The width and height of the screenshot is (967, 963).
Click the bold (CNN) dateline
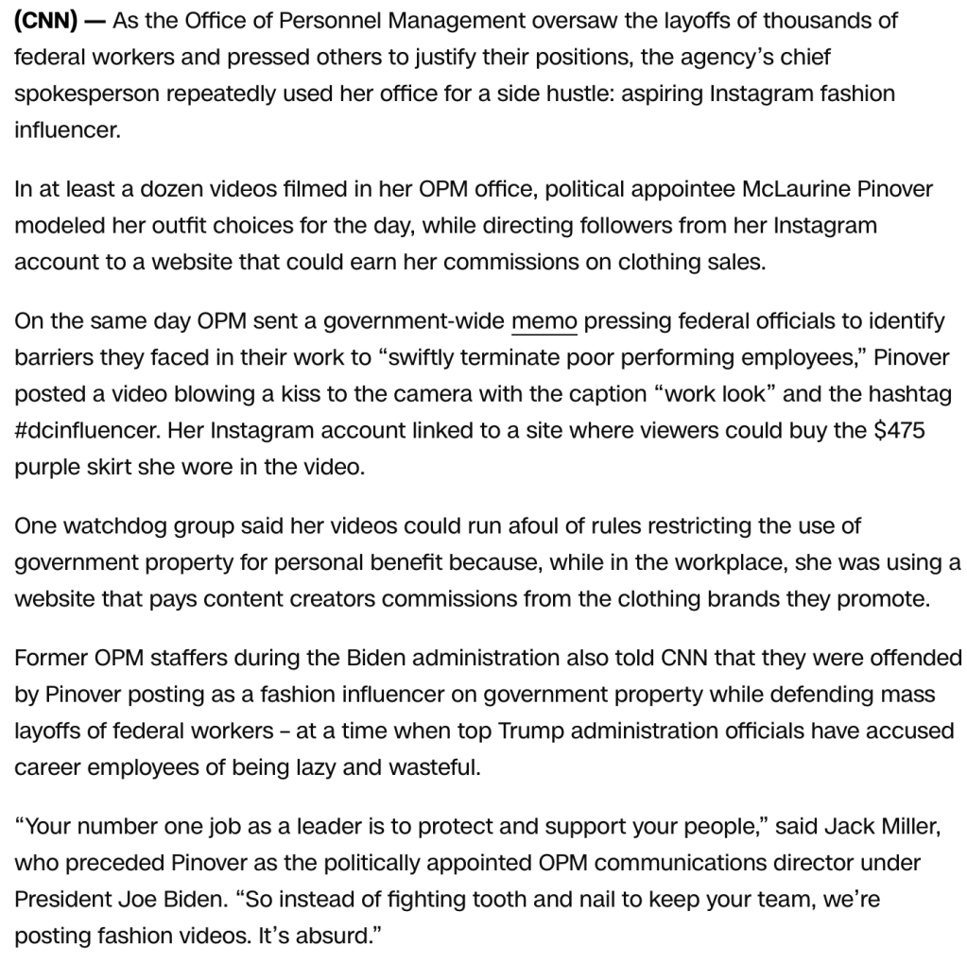pyautogui.click(x=45, y=20)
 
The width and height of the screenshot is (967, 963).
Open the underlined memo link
pyautogui.click(x=544, y=321)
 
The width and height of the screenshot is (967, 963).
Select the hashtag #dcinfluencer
pyautogui.click(x=85, y=431)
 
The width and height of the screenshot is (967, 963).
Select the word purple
pyautogui.click(x=47, y=468)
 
